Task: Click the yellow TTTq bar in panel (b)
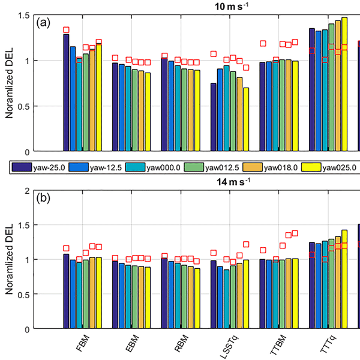click(x=344, y=280)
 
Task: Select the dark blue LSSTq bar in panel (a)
click(x=213, y=117)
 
